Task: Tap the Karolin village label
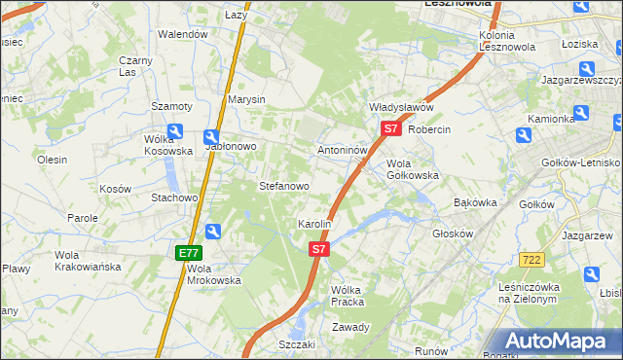[315, 224]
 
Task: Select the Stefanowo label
[283, 185]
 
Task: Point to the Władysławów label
[400, 107]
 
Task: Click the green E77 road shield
[189, 252]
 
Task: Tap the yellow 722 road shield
[531, 258]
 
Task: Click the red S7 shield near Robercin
[390, 127]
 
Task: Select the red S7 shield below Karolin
[319, 250]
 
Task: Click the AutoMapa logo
[559, 342]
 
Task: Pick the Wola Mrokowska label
[213, 274]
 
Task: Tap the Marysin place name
[246, 99]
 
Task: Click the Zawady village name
[350, 327]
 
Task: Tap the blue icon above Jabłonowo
[211, 138]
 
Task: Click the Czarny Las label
[136, 66]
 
